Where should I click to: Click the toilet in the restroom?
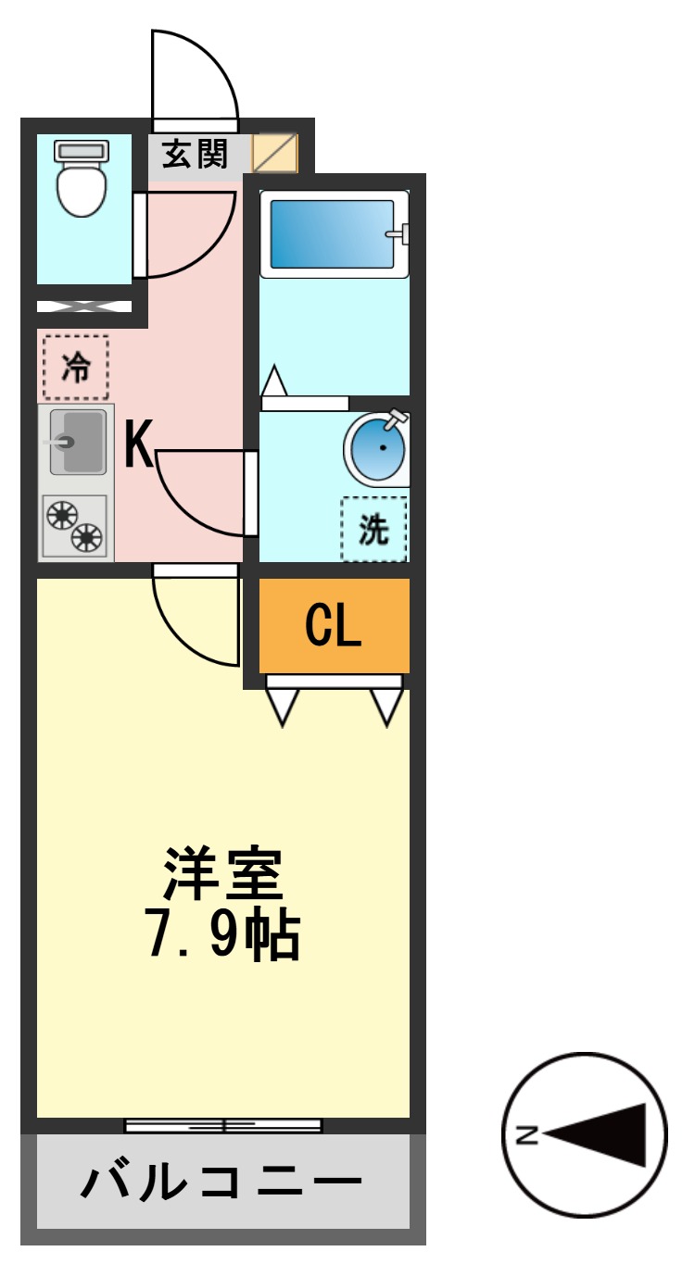point(82,178)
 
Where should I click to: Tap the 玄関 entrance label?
point(196,154)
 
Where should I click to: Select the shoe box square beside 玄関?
point(275,154)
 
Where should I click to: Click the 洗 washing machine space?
point(373,529)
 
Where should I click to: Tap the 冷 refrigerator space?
point(76,368)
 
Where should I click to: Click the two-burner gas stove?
point(75,527)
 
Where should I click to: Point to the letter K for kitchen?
point(139,445)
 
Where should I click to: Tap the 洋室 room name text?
point(222,874)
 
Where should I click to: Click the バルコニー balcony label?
point(221,1183)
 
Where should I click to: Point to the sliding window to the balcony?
point(223,1125)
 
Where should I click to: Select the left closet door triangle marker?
point(283,707)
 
